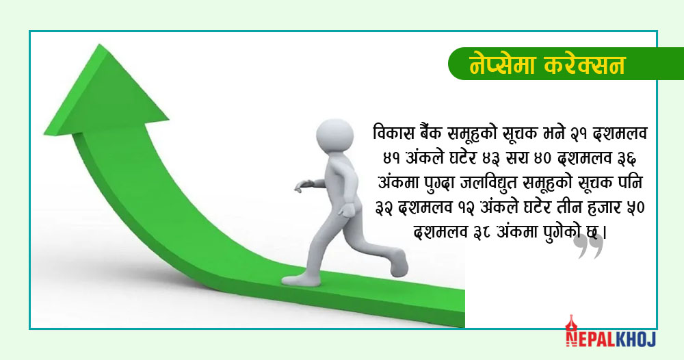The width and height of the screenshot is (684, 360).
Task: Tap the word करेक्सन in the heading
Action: point(585,64)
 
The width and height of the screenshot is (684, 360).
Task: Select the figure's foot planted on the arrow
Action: point(300,279)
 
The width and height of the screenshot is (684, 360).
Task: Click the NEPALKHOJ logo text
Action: point(611,339)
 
